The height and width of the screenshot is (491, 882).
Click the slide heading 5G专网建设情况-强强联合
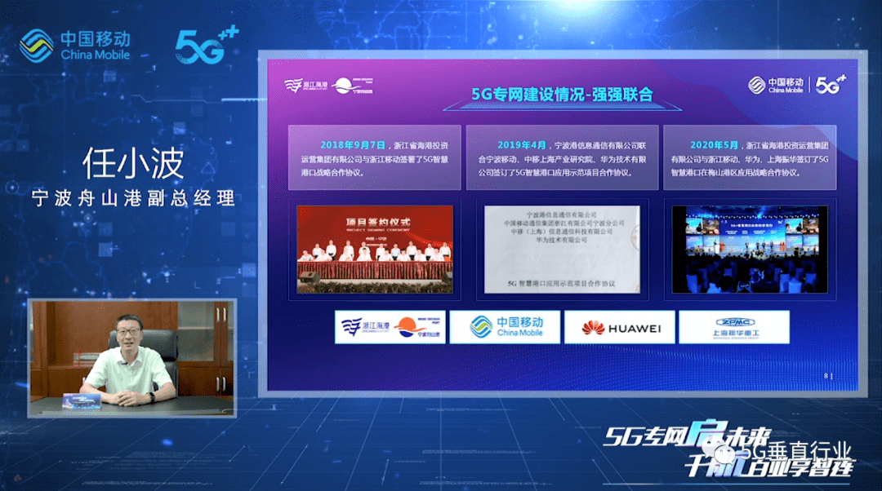pyautogui.click(x=563, y=94)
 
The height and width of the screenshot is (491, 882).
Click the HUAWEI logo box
pyautogui.click(x=620, y=328)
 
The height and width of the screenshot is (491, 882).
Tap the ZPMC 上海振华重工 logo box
pyautogui.click(x=733, y=328)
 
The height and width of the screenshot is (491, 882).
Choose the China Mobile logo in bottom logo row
pyautogui.click(x=506, y=328)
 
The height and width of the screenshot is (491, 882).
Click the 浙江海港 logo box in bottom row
pyautogui.click(x=390, y=328)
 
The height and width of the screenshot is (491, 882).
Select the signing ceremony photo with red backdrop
pyautogui.click(x=375, y=249)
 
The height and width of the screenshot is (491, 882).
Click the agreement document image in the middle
pyautogui.click(x=562, y=249)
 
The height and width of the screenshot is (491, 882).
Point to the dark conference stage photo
pyautogui.click(x=750, y=249)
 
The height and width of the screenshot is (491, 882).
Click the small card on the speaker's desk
pyautogui.click(x=82, y=398)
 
